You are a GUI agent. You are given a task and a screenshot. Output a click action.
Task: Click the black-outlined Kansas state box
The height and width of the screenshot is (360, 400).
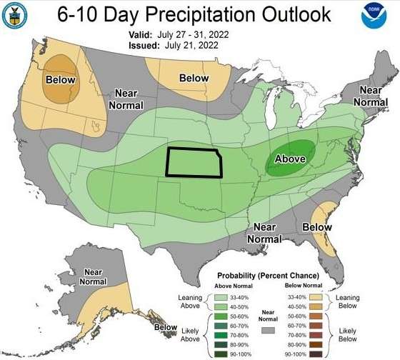(194, 162)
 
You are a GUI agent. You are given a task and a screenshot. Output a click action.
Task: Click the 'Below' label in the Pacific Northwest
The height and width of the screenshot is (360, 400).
(60, 79)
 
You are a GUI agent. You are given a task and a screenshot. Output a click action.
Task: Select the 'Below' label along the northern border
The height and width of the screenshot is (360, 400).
(194, 78)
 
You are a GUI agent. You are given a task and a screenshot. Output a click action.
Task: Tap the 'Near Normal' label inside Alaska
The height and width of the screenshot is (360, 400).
(93, 276)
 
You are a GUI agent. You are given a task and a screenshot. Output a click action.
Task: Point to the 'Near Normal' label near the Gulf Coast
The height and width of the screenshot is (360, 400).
(263, 232)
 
